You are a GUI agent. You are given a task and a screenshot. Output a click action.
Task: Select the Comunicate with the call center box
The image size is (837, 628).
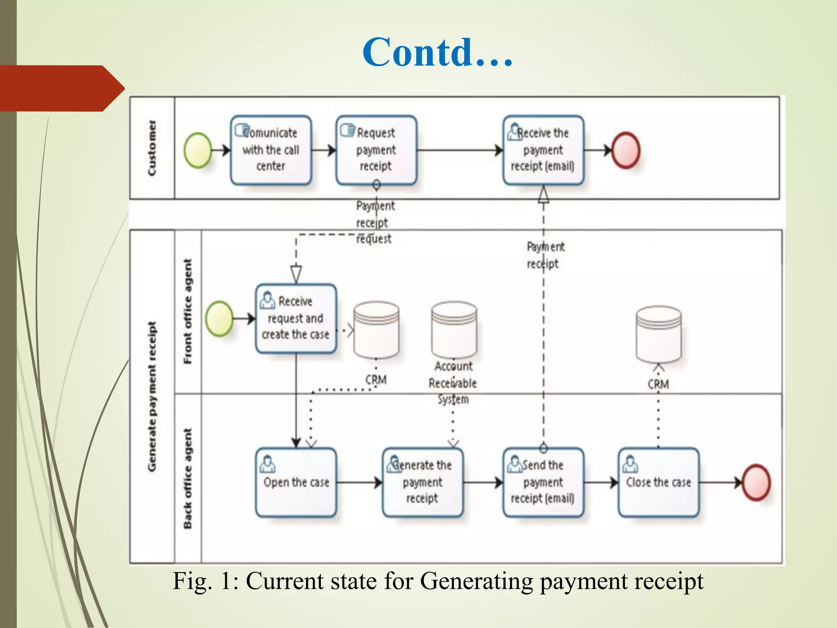tap(271, 150)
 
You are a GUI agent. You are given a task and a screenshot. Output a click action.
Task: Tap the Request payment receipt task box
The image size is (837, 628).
tap(376, 150)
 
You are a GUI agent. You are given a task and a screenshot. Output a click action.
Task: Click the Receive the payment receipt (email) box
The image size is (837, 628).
tap(543, 150)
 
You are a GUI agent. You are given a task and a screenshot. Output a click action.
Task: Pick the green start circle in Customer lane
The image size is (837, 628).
tap(198, 150)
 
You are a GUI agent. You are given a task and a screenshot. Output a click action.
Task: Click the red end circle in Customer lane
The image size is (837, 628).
tap(625, 150)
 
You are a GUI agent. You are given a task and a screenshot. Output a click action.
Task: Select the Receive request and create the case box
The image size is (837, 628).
tap(296, 318)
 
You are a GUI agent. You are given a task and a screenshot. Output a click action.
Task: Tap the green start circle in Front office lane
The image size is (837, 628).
tap(219, 318)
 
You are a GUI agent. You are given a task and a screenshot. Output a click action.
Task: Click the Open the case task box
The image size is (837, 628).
tap(296, 482)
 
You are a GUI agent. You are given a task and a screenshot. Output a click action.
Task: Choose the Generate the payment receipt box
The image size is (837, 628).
tap(423, 482)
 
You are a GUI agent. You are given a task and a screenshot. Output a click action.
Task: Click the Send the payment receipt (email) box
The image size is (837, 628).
tap(543, 482)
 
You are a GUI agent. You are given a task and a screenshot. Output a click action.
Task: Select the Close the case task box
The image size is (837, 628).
tap(658, 482)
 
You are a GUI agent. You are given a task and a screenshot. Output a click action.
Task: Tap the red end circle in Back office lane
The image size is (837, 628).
tap(756, 482)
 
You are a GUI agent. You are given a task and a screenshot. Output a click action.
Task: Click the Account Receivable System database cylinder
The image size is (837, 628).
tap(454, 330)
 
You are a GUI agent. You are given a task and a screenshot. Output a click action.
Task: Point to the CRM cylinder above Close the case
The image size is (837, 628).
tap(658, 334)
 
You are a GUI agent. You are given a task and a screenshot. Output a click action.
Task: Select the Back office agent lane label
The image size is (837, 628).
tap(188, 478)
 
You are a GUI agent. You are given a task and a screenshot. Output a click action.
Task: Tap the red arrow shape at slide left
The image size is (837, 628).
tap(61, 88)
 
